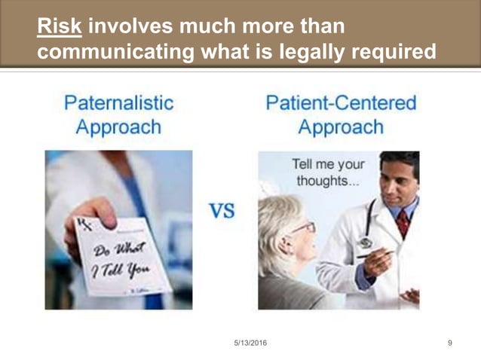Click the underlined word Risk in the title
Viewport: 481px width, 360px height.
pos(60,26)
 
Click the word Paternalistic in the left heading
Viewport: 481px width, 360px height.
pos(118,102)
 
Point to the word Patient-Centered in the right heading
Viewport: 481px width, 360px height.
pos(341,102)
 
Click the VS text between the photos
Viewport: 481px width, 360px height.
pos(222,211)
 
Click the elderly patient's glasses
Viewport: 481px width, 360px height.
pos(302,227)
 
